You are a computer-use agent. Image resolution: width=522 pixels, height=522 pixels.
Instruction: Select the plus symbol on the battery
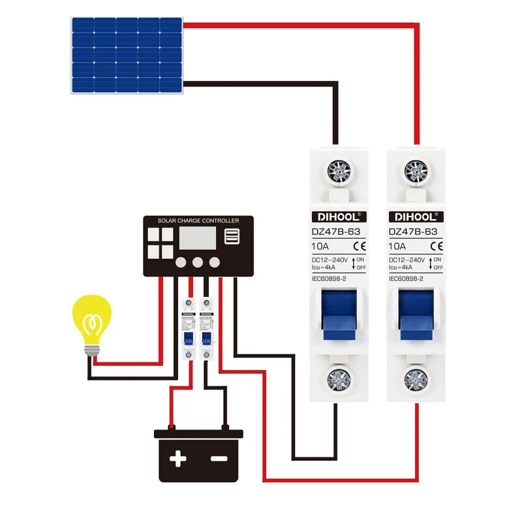click(177, 459)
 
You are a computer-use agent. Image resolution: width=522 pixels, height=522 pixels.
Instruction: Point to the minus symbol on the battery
click(219, 459)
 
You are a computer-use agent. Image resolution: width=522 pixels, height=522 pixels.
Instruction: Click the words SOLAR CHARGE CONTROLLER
click(198, 221)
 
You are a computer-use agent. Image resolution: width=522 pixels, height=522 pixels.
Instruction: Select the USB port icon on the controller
click(232, 236)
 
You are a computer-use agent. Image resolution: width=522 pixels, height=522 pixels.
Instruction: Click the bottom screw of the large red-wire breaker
click(416, 378)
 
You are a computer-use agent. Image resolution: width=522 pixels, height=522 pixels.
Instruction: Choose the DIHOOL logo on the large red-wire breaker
click(416, 217)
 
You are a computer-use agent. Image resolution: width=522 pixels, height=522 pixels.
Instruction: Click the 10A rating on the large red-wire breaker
click(397, 247)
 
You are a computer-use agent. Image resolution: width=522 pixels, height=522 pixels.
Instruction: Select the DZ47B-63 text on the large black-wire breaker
click(335, 231)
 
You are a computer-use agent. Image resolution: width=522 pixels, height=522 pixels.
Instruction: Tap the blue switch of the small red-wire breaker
click(188, 339)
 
